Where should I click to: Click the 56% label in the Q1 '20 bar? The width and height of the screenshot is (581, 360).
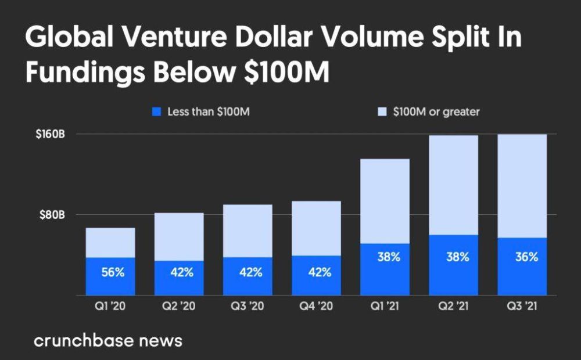113,272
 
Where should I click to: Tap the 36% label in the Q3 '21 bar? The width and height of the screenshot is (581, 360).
526,257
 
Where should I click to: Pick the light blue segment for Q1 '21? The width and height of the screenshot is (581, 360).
385,200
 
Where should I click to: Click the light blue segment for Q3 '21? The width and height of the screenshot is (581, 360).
522,186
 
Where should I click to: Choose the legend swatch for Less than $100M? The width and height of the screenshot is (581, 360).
156,111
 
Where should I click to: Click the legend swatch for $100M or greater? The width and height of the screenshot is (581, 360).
382,111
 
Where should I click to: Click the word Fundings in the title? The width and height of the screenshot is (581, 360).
80,73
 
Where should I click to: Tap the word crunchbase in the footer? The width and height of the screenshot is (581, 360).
83,340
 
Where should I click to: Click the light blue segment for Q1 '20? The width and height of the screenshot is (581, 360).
110,242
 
